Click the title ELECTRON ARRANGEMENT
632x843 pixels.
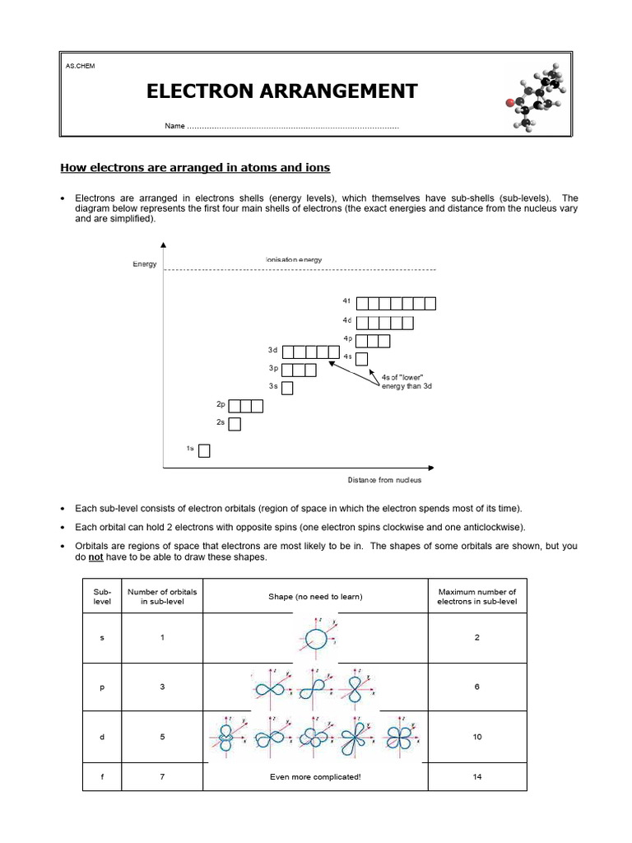pyautogui.click(x=281, y=91)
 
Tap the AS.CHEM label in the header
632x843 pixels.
pyautogui.click(x=81, y=66)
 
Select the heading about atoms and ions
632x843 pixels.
pyautogui.click(x=195, y=168)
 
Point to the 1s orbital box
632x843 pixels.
pyautogui.click(x=204, y=450)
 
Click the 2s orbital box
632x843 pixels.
pyautogui.click(x=235, y=424)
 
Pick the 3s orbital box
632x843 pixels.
pyautogui.click(x=287, y=387)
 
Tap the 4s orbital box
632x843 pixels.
pyautogui.click(x=361, y=358)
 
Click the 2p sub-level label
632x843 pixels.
pyautogui.click(x=221, y=405)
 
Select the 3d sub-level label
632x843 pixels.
pyautogui.click(x=273, y=351)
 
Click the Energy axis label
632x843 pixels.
pyautogui.click(x=144, y=264)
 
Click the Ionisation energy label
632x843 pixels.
pyautogui.click(x=294, y=259)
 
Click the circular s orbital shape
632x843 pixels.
pyautogui.click(x=315, y=638)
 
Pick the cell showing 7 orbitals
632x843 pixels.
pyautogui.click(x=162, y=776)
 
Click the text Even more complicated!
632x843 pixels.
pyautogui.click(x=315, y=776)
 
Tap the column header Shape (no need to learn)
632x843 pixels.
pyautogui.click(x=315, y=596)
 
